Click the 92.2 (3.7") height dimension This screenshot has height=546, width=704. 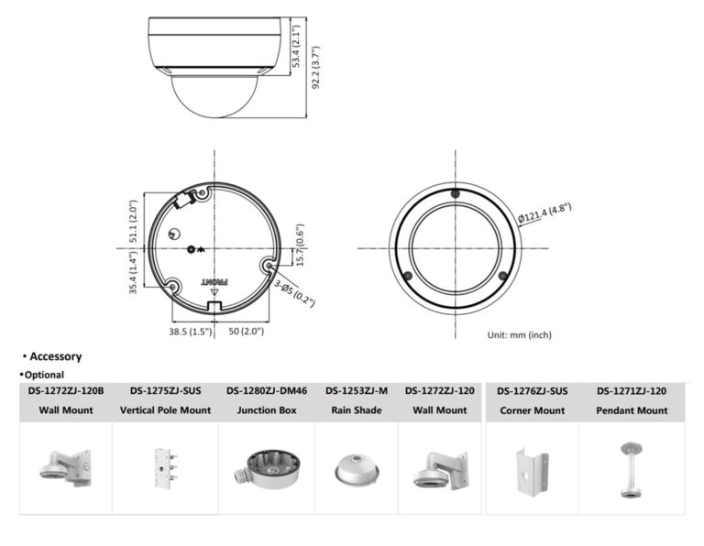(316, 67)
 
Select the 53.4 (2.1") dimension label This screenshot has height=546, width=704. (296, 46)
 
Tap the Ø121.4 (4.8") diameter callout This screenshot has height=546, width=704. (544, 213)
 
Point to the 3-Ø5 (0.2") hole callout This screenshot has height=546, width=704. (294, 294)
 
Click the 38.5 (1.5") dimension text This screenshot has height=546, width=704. (190, 332)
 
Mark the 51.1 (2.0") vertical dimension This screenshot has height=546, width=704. (133, 221)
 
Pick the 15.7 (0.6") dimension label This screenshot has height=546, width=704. (301, 245)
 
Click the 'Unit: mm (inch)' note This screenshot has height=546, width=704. (520, 334)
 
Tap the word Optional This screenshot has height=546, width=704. (44, 375)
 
